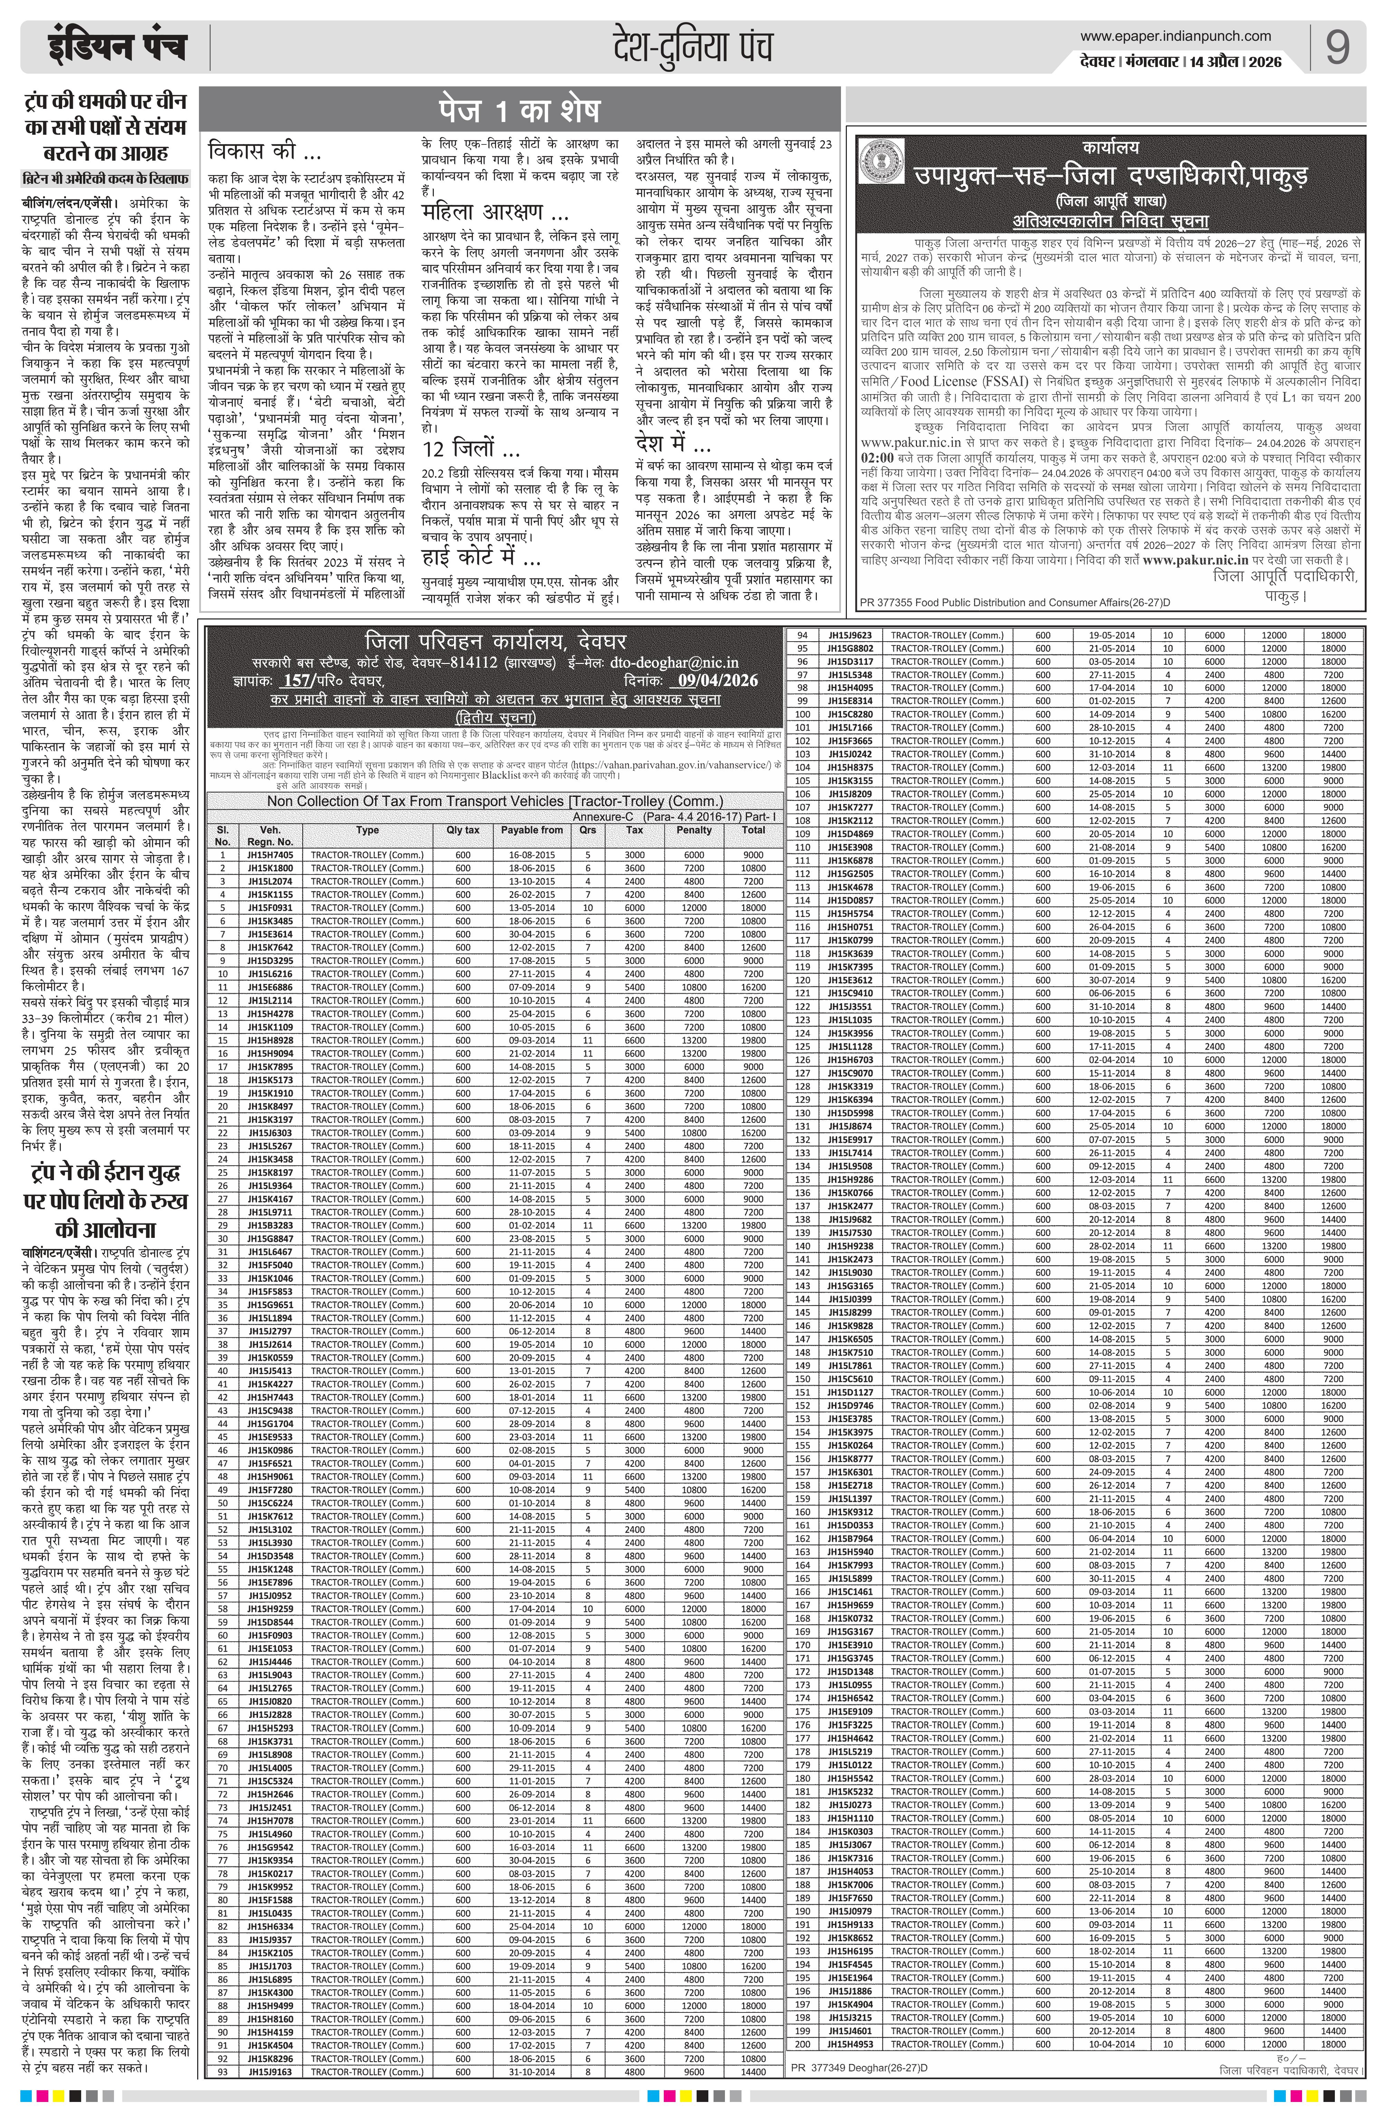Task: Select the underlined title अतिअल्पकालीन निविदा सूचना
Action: pyautogui.click(x=1110, y=221)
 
